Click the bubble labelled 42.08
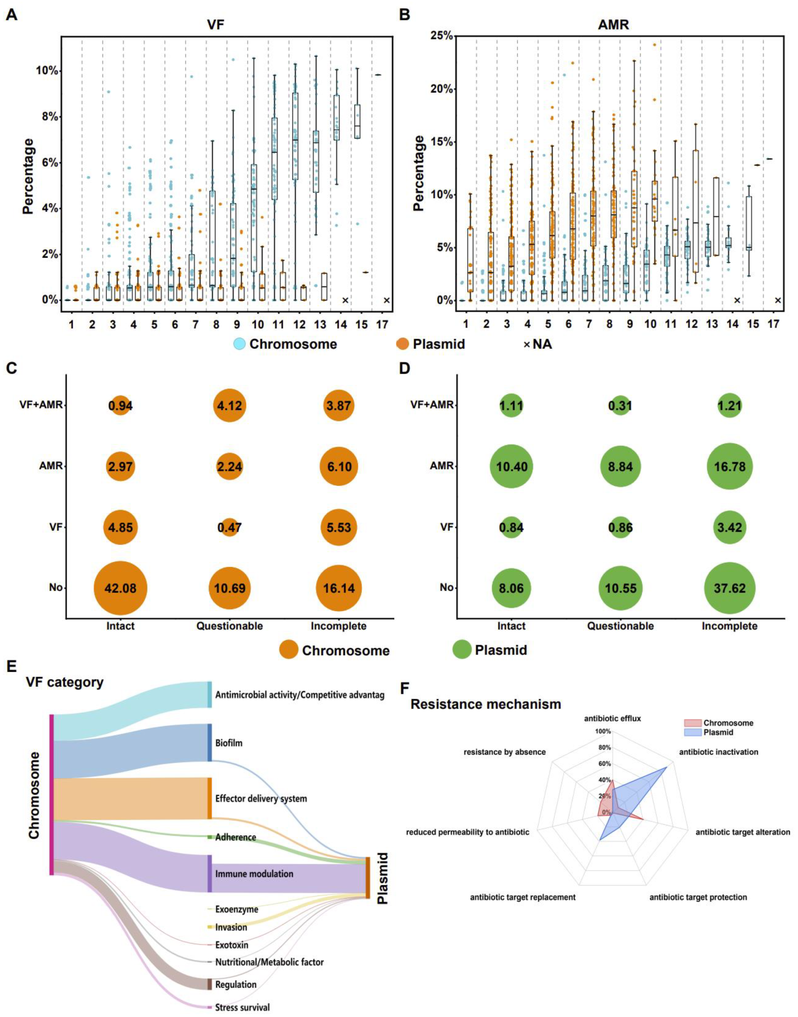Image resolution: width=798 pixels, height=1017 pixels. (x=120, y=588)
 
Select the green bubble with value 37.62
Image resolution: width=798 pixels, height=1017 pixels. (x=729, y=588)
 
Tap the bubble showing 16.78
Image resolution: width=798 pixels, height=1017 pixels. (x=729, y=467)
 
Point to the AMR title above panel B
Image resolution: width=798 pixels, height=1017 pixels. (x=613, y=25)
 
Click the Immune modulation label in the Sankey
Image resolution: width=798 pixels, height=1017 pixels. (x=254, y=874)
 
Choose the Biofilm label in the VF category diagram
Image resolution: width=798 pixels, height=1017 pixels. (x=229, y=743)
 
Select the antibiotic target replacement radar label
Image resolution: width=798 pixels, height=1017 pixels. (x=523, y=897)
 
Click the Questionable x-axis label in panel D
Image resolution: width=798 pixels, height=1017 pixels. (x=621, y=626)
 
